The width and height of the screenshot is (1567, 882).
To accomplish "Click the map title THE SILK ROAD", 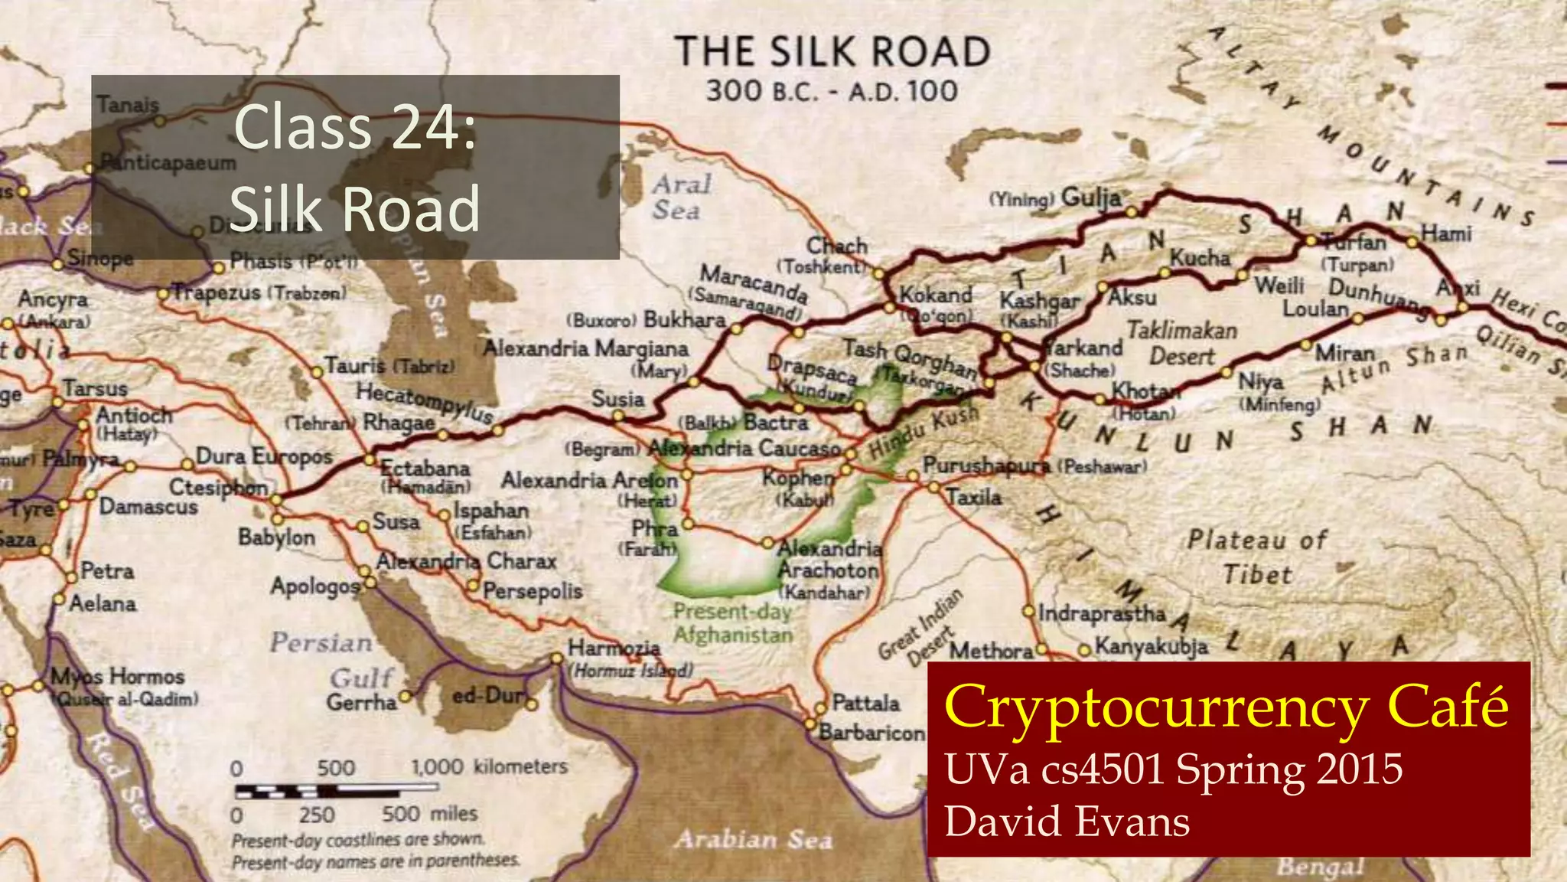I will pos(832,52).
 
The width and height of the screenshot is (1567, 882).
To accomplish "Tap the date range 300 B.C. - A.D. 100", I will pos(832,91).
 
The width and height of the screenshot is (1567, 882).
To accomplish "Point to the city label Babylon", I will pos(276,537).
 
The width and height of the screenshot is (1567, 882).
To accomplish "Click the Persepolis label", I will pos(533,590).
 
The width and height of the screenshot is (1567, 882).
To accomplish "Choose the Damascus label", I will pos(148,506).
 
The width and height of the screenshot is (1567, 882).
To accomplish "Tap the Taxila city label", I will pos(973,498).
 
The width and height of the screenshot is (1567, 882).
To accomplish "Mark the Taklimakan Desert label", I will pos(1182,343).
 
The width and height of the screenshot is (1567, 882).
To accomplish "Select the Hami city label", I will pos(1446,233).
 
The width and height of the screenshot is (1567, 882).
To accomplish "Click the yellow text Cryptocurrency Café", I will pos(1226,707).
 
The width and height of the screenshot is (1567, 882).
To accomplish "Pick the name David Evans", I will pos(1067,822).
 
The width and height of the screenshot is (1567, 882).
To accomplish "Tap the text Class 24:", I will pos(355,127).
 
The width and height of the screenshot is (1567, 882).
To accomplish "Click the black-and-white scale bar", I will pos(317,791).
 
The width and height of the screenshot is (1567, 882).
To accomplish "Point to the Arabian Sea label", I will pos(752,840).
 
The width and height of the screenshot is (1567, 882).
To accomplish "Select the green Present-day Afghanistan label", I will pos(732,623).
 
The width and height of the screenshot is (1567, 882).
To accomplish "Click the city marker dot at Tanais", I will pos(160,120).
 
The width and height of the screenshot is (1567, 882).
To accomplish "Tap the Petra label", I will pos(107,571).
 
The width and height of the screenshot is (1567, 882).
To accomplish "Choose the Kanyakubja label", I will pos(1152,647).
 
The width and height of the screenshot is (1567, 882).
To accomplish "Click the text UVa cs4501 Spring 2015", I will pos(1174,769).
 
